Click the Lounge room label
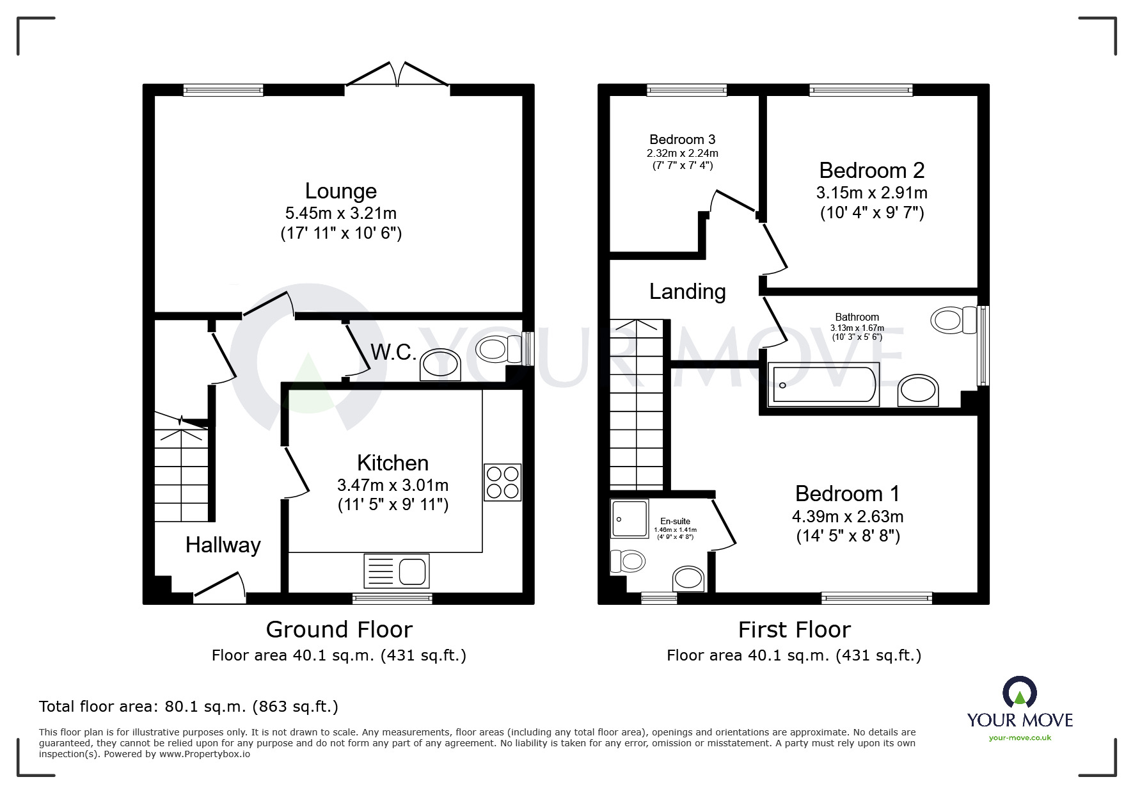point(340,191)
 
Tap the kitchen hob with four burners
point(502,482)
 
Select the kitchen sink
point(397,570)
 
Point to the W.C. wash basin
point(440,365)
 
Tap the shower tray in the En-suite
point(630,518)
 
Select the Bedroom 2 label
point(872,170)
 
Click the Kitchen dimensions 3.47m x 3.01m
point(393,485)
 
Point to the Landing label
point(687,292)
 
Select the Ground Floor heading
point(339,630)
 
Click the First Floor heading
point(794,630)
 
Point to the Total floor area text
point(189,707)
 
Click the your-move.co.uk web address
point(1020,738)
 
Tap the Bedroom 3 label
point(682,140)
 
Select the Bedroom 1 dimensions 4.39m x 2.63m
point(848,516)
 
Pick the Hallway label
point(223,545)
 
